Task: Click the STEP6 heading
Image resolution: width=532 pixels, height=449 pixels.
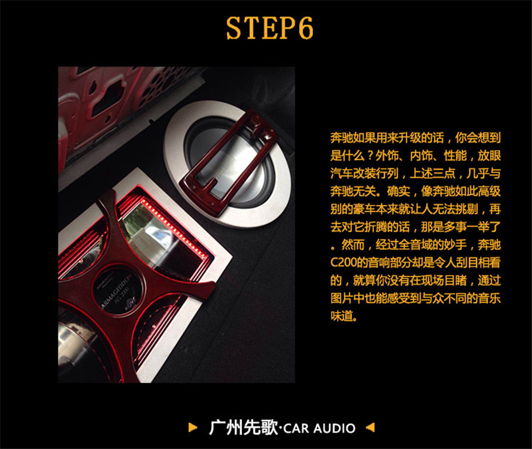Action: click(270, 27)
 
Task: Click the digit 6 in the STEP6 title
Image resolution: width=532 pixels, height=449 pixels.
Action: click(306, 27)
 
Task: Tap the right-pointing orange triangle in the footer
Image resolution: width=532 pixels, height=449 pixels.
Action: click(193, 427)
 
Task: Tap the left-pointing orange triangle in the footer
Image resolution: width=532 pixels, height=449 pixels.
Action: click(370, 427)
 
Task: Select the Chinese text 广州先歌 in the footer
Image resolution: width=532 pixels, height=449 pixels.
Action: click(243, 428)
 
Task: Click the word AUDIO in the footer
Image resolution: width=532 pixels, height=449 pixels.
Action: click(334, 428)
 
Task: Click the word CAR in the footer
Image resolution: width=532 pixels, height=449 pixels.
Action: click(296, 428)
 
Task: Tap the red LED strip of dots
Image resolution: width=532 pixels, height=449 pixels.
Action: click(176, 227)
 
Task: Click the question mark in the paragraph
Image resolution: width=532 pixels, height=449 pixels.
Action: click(370, 156)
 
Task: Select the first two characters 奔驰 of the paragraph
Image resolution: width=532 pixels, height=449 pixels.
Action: click(342, 138)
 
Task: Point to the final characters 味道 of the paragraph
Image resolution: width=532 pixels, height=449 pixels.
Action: click(342, 316)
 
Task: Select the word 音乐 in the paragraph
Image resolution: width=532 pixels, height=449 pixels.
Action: click(489, 298)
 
